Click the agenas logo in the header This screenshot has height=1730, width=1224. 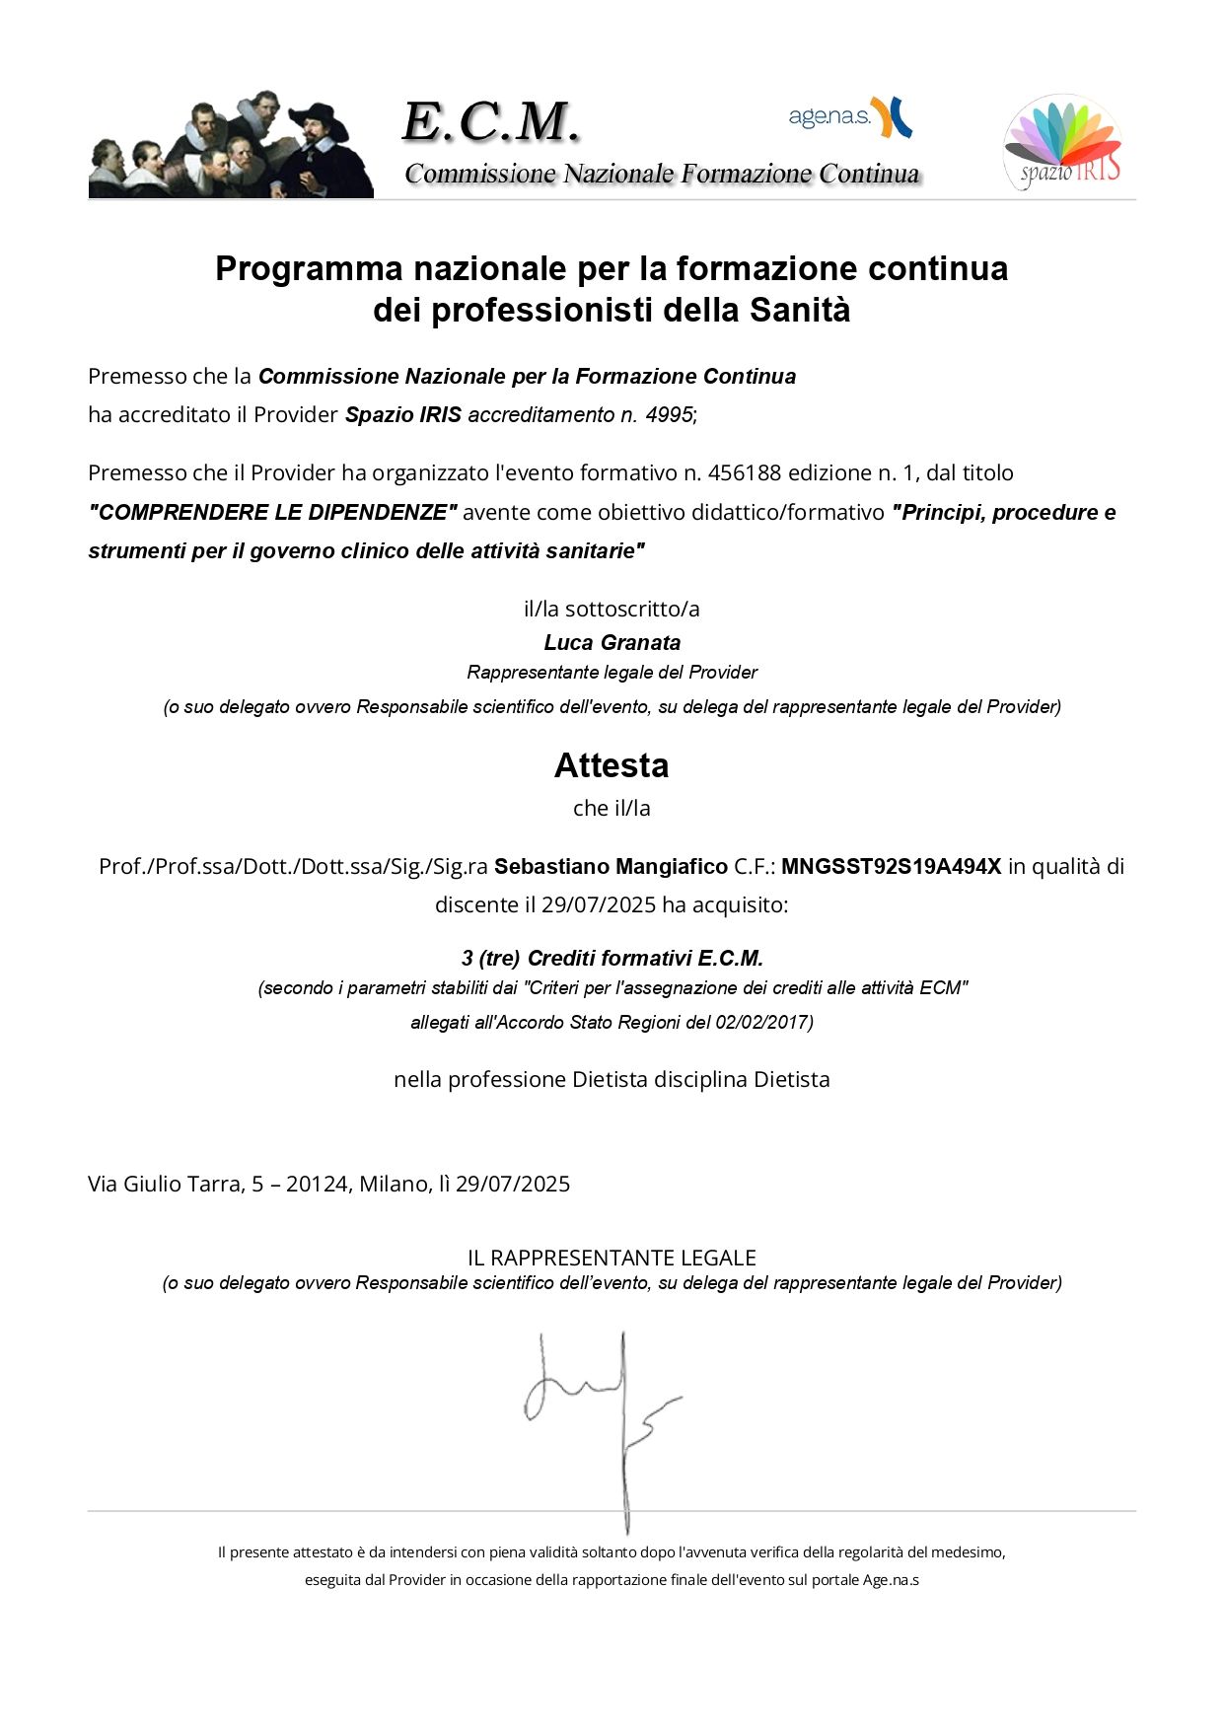pyautogui.click(x=849, y=117)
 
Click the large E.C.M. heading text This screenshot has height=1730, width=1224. pyautogui.click(x=490, y=122)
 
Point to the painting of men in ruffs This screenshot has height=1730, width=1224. pyautogui.click(x=231, y=145)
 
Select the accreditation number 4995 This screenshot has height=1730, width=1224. pyautogui.click(x=669, y=415)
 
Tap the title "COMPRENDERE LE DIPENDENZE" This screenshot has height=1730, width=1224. pyautogui.click(x=272, y=513)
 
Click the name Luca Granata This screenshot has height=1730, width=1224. pyautogui.click(x=612, y=643)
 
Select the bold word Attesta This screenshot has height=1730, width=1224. pyautogui.click(x=612, y=765)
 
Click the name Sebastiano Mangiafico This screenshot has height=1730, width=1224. pyautogui.click(x=611, y=867)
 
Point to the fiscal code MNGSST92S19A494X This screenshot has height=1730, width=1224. pyautogui.click(x=891, y=867)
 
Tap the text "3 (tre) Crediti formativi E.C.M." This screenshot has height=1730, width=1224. pyautogui.click(x=612, y=959)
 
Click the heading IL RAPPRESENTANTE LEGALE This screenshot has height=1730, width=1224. pyautogui.click(x=612, y=1259)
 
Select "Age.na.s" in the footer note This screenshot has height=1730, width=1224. pyautogui.click(x=891, y=1580)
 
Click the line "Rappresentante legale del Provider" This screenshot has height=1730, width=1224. pyautogui.click(x=612, y=673)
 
